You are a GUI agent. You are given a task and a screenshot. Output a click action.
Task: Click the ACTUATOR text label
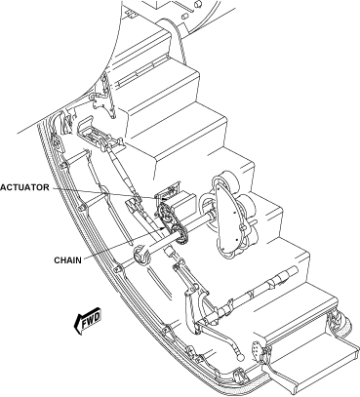click(24, 187)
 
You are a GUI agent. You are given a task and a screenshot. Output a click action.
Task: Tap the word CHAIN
click(68, 260)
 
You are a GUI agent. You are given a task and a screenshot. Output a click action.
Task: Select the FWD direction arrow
click(88, 320)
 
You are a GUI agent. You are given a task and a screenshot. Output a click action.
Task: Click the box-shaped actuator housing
click(178, 198)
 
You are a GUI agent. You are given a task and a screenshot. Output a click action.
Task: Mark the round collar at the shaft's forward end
click(141, 255)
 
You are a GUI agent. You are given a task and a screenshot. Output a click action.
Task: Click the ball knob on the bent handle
click(241, 357)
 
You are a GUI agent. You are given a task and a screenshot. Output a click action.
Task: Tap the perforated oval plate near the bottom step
click(256, 351)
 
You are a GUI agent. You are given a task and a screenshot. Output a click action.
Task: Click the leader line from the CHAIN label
click(123, 243)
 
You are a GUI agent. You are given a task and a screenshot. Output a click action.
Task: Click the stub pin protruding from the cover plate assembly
click(253, 223)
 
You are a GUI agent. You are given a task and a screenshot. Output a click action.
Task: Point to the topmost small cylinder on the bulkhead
click(197, 4)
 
